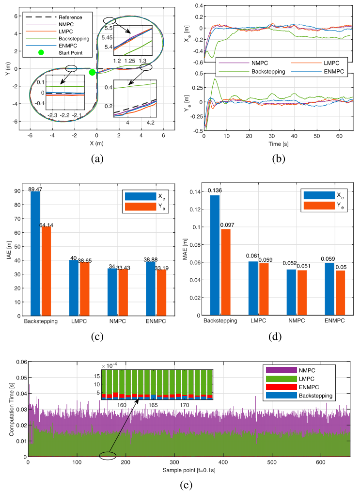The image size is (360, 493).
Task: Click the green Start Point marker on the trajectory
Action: [92, 72]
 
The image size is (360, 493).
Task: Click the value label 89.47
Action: [35, 189]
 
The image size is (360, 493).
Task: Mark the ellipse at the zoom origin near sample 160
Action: [107, 456]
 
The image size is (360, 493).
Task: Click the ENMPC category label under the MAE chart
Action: [329, 320]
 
